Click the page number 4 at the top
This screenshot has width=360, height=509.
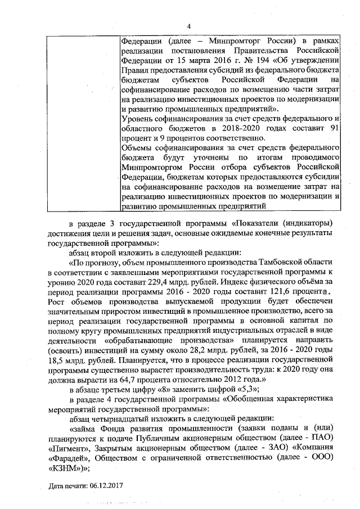189,26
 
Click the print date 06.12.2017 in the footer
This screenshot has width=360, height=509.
104,485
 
